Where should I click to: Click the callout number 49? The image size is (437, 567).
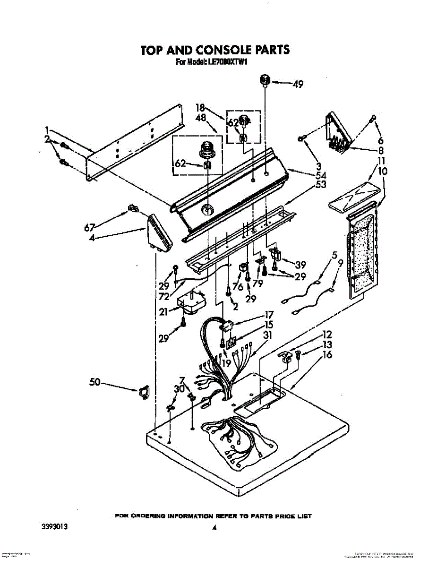coord(298,85)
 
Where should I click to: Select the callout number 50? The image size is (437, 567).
coord(95,382)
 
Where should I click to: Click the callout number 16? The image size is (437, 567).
coord(327,355)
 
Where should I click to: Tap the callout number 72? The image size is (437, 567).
coord(164,296)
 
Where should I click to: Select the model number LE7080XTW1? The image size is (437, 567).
coord(225,62)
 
